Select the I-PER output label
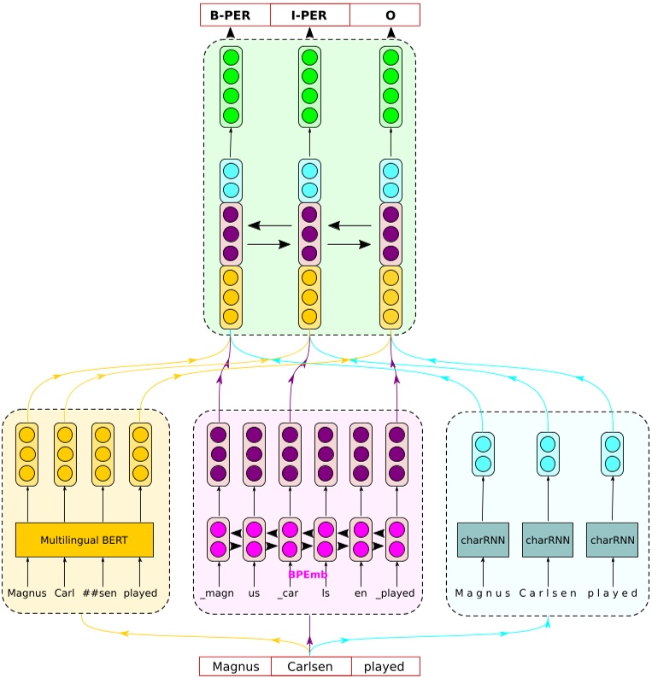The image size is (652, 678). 309,15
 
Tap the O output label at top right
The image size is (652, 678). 390,15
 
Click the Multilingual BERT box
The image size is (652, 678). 84,540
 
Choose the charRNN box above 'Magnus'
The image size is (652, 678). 483,540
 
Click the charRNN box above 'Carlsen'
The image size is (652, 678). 547,540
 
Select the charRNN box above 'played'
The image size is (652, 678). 612,540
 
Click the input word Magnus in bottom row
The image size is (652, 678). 235,666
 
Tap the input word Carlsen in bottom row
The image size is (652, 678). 311,666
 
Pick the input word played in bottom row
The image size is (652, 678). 385,666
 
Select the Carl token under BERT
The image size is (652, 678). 65,593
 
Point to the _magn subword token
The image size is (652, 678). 217,593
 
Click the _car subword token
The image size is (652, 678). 289,593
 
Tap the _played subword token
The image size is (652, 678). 395,593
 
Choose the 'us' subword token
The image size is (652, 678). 254,593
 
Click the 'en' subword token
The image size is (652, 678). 361,593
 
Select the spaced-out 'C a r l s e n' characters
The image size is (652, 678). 547,593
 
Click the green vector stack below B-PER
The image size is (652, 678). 231,86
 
